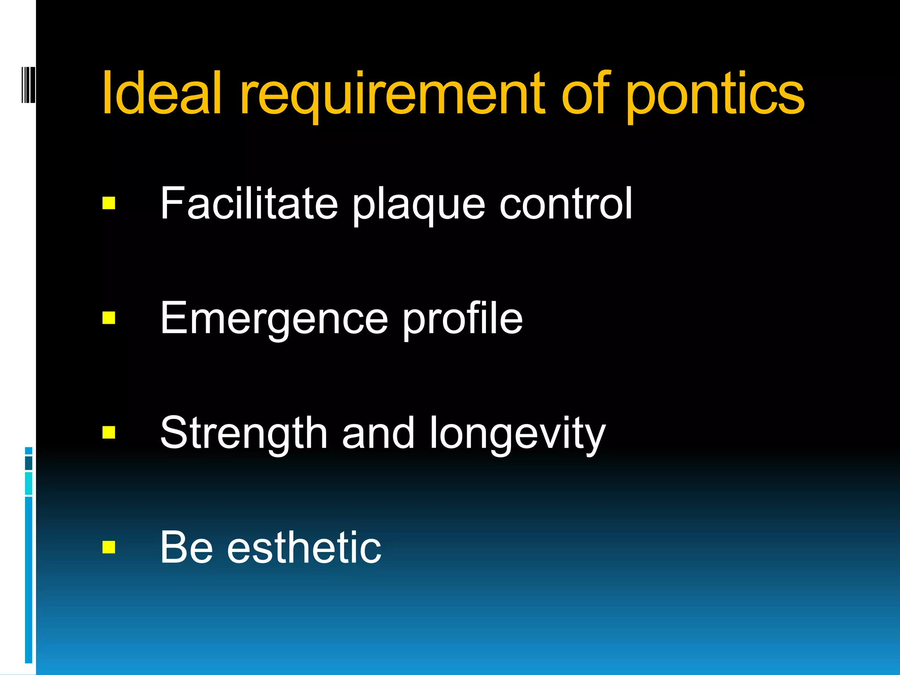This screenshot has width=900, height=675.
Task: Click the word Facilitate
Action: pyautogui.click(x=249, y=203)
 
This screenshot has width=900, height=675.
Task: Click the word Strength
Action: pyautogui.click(x=244, y=434)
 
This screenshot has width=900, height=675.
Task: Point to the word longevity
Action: pyautogui.click(x=518, y=435)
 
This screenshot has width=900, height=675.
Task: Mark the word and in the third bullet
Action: pyautogui.click(x=378, y=433)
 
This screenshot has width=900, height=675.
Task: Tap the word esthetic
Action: pyautogui.click(x=304, y=548)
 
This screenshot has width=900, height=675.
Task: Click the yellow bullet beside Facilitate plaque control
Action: pyautogui.click(x=109, y=203)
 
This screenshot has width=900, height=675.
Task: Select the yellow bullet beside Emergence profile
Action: pyautogui.click(x=109, y=318)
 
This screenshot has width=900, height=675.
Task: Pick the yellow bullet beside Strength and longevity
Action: pyautogui.click(x=109, y=432)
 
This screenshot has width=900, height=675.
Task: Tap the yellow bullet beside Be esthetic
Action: pyautogui.click(x=109, y=548)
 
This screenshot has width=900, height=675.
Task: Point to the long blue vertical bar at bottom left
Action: pyautogui.click(x=29, y=580)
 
